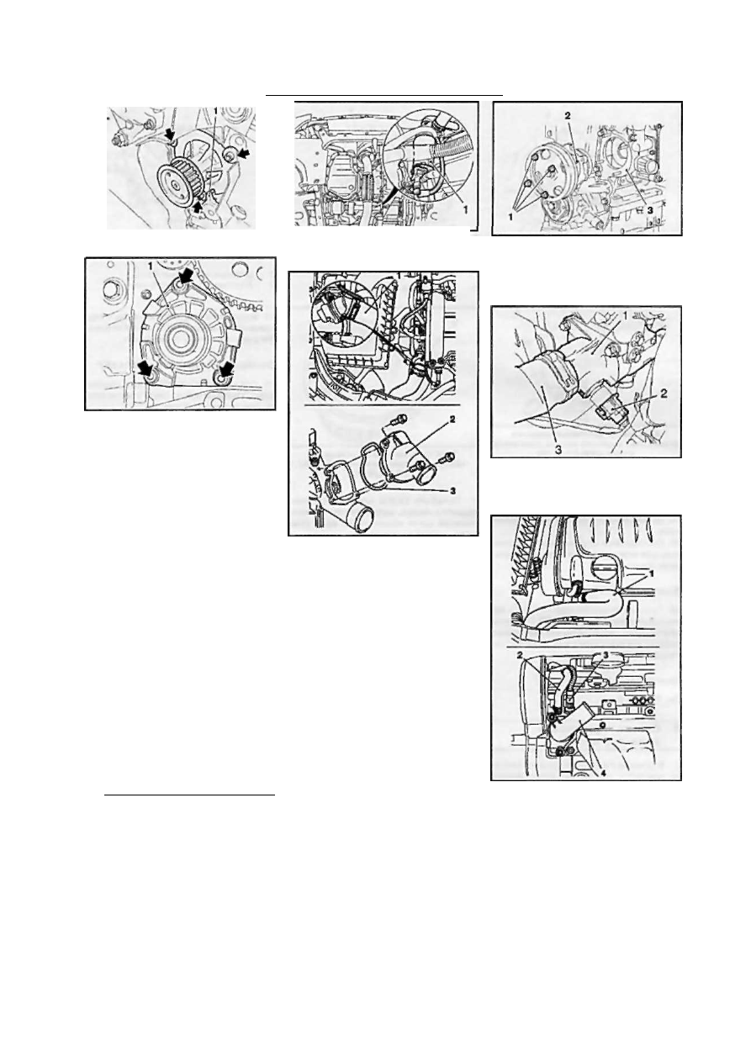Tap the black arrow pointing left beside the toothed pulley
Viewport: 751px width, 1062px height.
[243, 152]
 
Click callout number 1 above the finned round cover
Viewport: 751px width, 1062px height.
[151, 267]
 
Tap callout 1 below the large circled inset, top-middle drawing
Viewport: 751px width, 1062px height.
[466, 208]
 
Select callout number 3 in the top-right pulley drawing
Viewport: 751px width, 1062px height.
[650, 209]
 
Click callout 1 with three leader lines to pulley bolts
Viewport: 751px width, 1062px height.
[510, 216]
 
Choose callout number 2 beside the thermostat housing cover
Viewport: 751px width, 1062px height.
[452, 420]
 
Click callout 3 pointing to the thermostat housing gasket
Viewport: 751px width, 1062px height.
[452, 491]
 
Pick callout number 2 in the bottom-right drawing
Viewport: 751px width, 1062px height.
[520, 655]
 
